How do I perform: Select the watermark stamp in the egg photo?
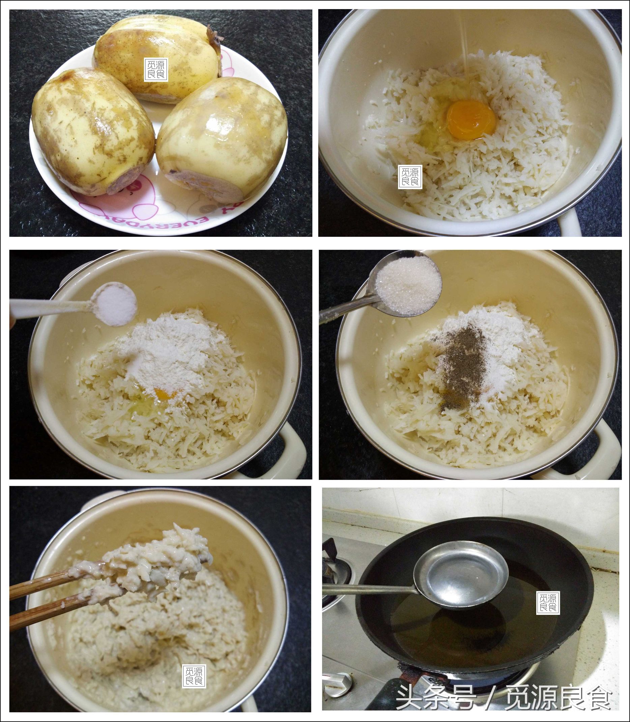pyautogui.click(x=410, y=177)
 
